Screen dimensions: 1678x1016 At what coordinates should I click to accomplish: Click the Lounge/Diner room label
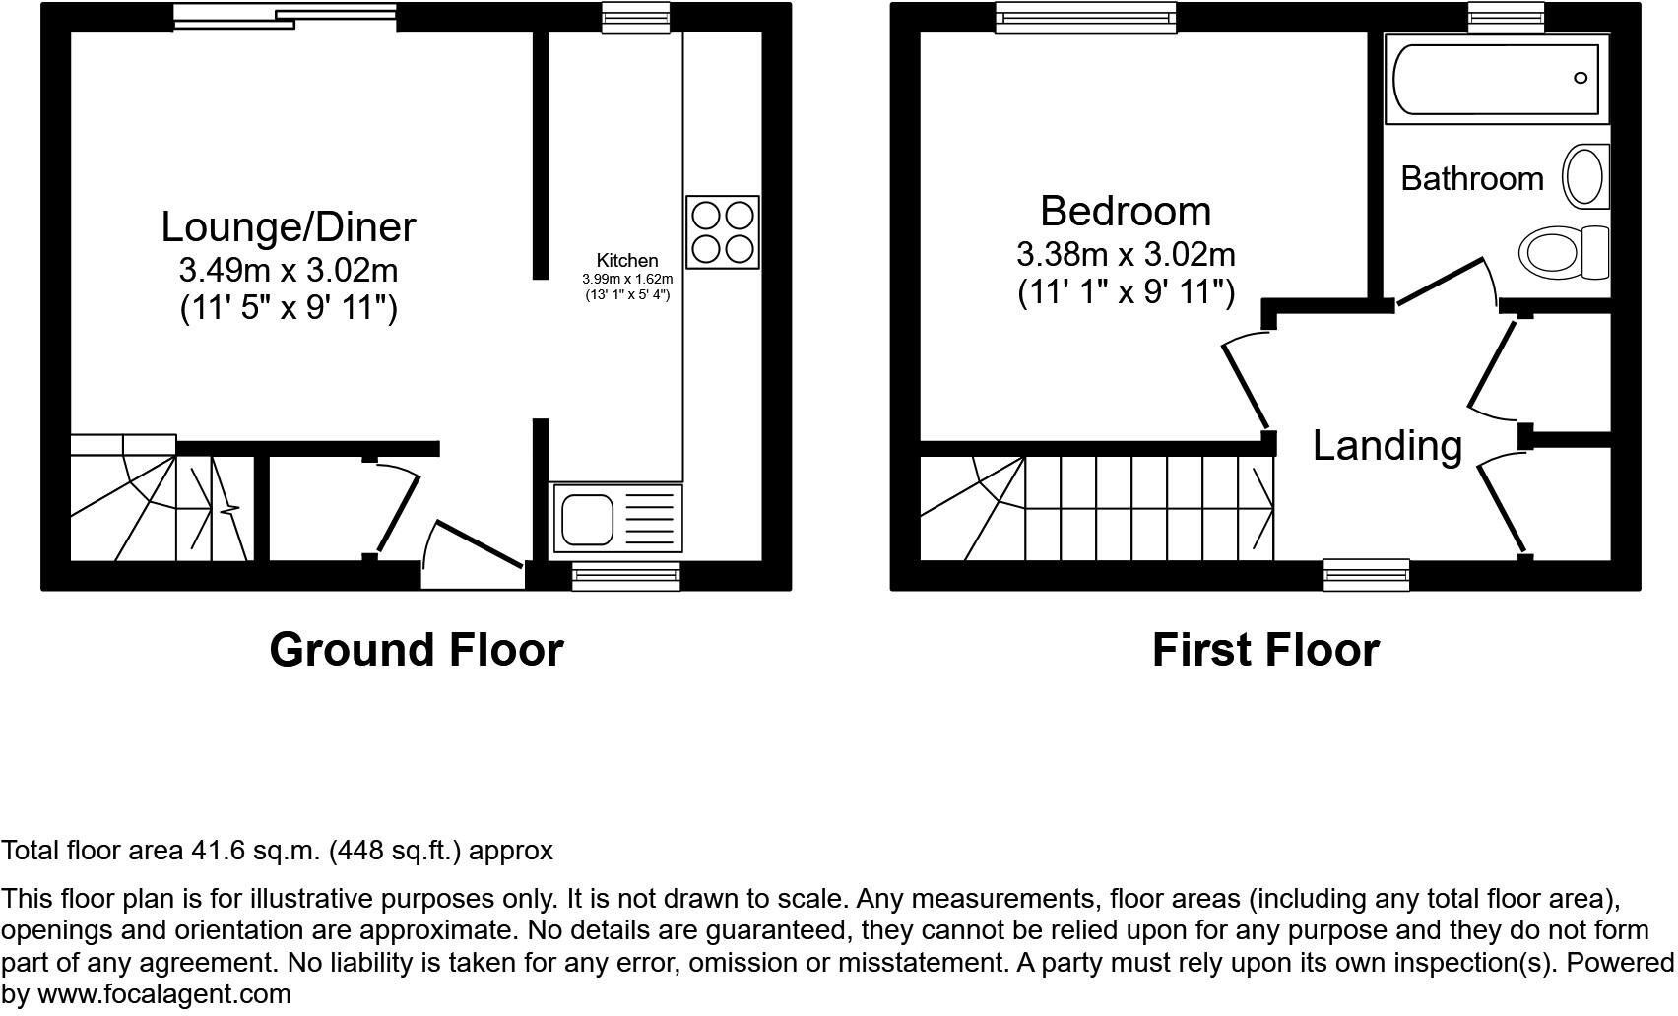(288, 227)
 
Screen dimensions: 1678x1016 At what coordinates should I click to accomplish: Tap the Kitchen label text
(627, 261)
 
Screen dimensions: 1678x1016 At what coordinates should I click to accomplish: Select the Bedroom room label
(1125, 212)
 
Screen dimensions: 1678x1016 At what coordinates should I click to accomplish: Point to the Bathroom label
(1471, 179)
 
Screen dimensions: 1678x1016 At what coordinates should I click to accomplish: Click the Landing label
(1387, 446)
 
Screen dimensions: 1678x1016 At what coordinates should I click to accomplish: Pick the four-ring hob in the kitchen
(723, 232)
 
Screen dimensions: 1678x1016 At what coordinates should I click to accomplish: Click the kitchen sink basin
(588, 519)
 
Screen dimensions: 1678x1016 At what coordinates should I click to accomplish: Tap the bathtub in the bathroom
(1496, 79)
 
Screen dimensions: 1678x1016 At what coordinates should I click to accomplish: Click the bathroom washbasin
(1584, 177)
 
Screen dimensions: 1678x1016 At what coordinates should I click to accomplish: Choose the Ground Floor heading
(416, 651)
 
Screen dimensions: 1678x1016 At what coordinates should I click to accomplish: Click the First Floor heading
(1265, 651)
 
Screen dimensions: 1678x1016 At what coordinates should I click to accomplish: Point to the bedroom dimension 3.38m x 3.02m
(1125, 255)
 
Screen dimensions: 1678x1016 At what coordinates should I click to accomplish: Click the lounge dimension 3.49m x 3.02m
(288, 269)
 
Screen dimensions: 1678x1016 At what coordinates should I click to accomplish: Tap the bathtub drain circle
(1581, 78)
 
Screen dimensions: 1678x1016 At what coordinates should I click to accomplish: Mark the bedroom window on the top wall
(1085, 18)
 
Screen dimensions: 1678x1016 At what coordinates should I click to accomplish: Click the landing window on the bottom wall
(1365, 574)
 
